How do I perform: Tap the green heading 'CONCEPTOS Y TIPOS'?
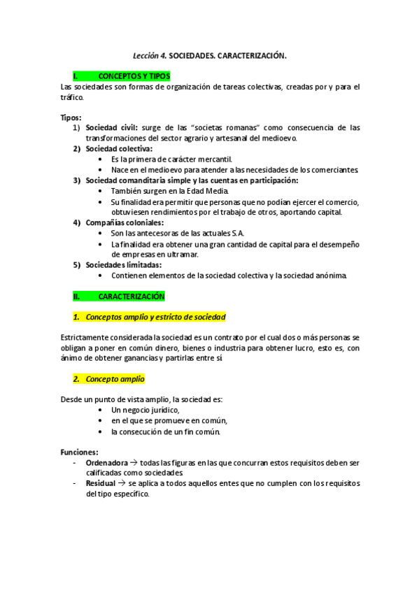[x=134, y=76]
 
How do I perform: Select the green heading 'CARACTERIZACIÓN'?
[x=132, y=296]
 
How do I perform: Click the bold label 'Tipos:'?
[x=71, y=117]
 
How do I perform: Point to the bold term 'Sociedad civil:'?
[x=112, y=128]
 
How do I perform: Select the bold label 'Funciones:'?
[x=79, y=452]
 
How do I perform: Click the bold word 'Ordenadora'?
[x=106, y=463]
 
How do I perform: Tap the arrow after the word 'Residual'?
[x=121, y=483]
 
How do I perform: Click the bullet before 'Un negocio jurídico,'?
[x=102, y=410]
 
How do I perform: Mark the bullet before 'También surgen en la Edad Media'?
[x=102, y=191]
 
